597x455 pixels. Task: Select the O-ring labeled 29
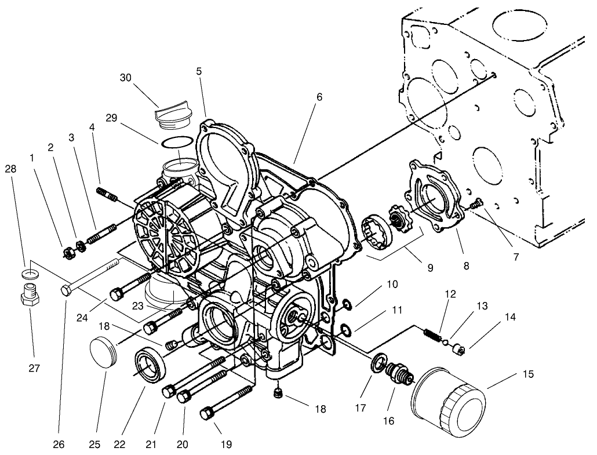(x=176, y=142)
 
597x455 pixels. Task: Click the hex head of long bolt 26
(x=66, y=289)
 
